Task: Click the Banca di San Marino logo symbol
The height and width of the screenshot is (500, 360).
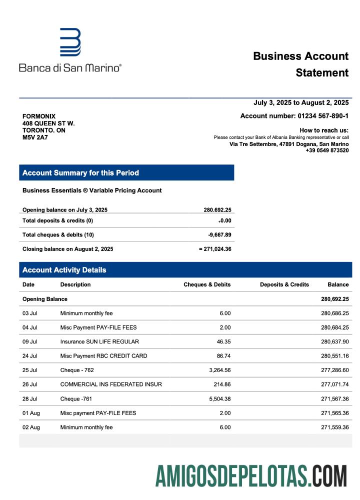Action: click(70, 42)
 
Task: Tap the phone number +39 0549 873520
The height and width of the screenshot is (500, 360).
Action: click(327, 150)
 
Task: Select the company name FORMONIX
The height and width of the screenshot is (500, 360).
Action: click(39, 116)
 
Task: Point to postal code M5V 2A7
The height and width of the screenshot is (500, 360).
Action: click(35, 137)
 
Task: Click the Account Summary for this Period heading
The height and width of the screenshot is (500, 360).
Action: click(80, 173)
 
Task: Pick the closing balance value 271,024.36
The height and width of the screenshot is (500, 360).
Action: click(216, 249)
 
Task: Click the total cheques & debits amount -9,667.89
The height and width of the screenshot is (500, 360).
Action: click(219, 234)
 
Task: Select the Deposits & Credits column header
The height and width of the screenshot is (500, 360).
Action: click(284, 284)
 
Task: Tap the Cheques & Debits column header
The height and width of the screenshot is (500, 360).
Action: click(207, 284)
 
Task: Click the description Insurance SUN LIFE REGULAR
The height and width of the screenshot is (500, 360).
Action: click(99, 342)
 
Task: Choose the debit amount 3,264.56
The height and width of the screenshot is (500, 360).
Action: click(218, 370)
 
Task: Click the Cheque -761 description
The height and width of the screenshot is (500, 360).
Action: click(76, 399)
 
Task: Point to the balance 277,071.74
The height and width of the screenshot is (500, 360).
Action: click(334, 384)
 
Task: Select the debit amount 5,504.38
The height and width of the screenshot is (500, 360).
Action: click(218, 399)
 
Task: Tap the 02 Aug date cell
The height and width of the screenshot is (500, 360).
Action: click(30, 427)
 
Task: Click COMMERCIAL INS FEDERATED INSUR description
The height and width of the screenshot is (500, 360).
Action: click(111, 384)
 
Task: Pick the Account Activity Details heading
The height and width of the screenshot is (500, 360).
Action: click(64, 270)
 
